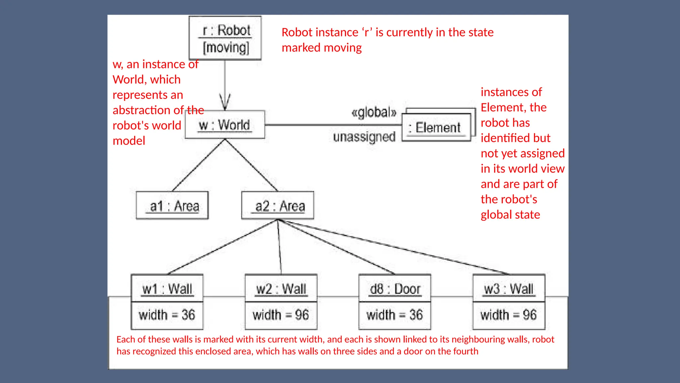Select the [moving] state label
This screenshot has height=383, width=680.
tap(226, 48)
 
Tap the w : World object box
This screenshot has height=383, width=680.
tap(225, 125)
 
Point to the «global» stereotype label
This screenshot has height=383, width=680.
tap(374, 112)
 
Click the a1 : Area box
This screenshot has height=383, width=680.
tap(172, 206)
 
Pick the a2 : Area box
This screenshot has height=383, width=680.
tap(278, 206)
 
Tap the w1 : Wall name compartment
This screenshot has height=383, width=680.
tap(167, 289)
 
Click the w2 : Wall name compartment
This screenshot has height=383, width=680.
tap(281, 289)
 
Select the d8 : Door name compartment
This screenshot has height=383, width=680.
tap(395, 289)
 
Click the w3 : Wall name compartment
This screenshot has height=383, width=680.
tap(509, 289)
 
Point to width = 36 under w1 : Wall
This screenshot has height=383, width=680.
tap(167, 315)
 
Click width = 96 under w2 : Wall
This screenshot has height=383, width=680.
tap(281, 315)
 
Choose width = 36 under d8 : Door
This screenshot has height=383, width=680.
tap(395, 315)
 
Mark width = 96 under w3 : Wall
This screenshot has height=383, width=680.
tap(509, 315)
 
